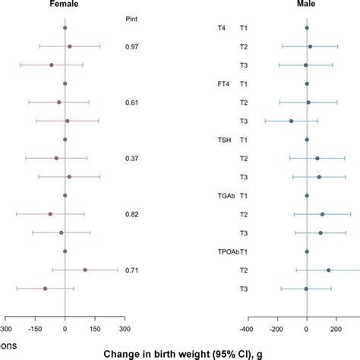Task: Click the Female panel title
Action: pos(65,5)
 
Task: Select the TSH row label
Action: pos(224,140)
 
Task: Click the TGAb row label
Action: pos(226,196)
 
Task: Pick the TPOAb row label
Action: pos(227,251)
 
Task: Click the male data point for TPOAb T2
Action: pos(328,270)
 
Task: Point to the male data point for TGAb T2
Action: pos(322,214)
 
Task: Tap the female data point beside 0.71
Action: pos(85,270)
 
